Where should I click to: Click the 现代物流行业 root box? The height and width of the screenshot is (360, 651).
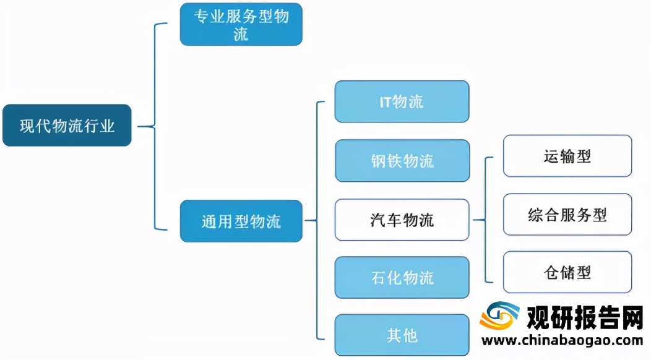click(67, 126)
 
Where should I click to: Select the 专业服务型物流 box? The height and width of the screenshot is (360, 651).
click(241, 25)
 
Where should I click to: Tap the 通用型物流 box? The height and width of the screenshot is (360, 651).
click(241, 221)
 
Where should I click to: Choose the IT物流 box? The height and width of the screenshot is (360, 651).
click(402, 101)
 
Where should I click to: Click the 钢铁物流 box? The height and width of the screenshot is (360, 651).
click(402, 161)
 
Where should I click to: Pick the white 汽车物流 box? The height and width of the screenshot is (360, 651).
click(402, 220)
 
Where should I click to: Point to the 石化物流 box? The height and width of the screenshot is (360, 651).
click(402, 278)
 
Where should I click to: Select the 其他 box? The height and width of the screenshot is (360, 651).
click(402, 335)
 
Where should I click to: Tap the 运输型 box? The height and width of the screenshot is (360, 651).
click(567, 156)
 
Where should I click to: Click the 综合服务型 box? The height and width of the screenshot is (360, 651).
click(567, 215)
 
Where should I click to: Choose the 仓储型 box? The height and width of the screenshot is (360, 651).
click(567, 272)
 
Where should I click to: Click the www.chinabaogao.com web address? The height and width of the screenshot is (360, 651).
click(563, 340)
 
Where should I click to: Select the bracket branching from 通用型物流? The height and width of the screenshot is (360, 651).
click(318, 220)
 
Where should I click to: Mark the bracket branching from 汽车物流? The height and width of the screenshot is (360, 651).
click(486, 219)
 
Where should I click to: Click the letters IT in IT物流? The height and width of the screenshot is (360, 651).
click(386, 101)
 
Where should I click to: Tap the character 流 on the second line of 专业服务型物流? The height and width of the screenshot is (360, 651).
click(241, 34)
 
